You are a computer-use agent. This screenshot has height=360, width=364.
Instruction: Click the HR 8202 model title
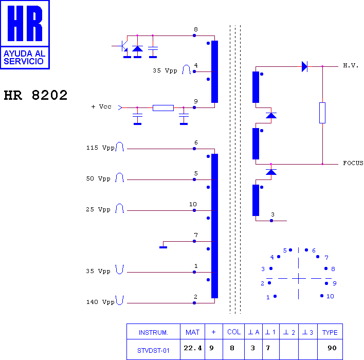(35, 95)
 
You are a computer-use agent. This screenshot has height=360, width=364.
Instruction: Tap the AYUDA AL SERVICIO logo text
(24, 58)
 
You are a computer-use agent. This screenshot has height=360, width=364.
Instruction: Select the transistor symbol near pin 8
(123, 46)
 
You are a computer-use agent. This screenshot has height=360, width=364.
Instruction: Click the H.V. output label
(351, 66)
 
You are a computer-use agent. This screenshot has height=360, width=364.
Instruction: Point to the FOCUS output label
(353, 163)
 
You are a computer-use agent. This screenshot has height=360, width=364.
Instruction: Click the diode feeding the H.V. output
(304, 67)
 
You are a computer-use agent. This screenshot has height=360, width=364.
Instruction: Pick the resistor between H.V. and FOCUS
(322, 113)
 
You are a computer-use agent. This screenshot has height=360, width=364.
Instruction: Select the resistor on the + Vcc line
(163, 108)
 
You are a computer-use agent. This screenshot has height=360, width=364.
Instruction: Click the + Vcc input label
(101, 106)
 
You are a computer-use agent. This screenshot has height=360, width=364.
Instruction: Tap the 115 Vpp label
(100, 148)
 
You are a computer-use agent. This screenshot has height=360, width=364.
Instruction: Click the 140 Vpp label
(100, 302)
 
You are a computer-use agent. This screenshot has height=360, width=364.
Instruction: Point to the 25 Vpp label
(98, 209)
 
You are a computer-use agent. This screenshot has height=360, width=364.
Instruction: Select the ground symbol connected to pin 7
(163, 247)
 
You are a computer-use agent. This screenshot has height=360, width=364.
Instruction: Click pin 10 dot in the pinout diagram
(322, 296)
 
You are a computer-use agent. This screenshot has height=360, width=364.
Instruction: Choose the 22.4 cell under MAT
(192, 348)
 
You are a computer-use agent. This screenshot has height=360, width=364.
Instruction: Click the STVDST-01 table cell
(153, 350)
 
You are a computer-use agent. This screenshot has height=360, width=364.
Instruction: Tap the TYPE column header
(330, 332)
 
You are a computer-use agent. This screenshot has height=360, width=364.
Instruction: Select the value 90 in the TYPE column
(332, 348)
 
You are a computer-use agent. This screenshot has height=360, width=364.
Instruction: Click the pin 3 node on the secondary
(271, 221)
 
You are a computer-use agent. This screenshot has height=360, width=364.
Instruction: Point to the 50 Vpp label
(98, 178)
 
